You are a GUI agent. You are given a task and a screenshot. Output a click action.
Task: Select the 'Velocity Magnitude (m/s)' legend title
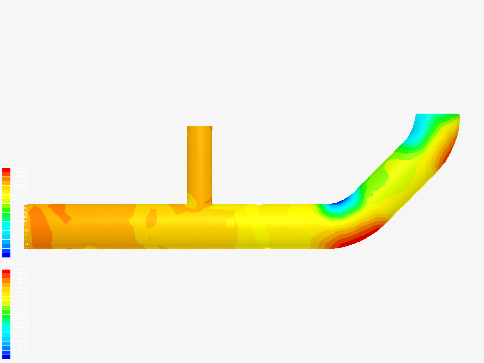(23, 264)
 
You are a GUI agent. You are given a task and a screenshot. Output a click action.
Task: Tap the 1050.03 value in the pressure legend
(20, 167)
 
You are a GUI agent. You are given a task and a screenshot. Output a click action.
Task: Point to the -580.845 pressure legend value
(21, 257)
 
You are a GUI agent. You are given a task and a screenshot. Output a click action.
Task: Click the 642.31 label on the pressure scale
(19, 190)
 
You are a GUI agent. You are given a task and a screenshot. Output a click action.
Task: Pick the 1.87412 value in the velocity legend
(21, 269)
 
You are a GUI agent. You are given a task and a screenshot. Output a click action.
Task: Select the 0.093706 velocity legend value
(21, 355)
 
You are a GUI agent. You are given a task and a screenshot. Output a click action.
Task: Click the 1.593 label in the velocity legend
(18, 283)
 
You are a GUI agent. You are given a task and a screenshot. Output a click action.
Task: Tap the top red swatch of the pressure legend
(6, 170)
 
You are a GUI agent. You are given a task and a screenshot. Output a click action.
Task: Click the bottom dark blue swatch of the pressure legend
(6, 255)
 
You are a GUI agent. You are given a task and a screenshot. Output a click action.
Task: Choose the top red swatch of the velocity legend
(6, 272)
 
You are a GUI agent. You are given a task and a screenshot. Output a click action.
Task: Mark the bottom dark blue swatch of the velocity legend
(6, 357)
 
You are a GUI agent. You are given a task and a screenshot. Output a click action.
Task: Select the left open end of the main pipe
(30, 226)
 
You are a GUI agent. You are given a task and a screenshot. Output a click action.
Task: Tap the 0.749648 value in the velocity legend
(21, 323)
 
